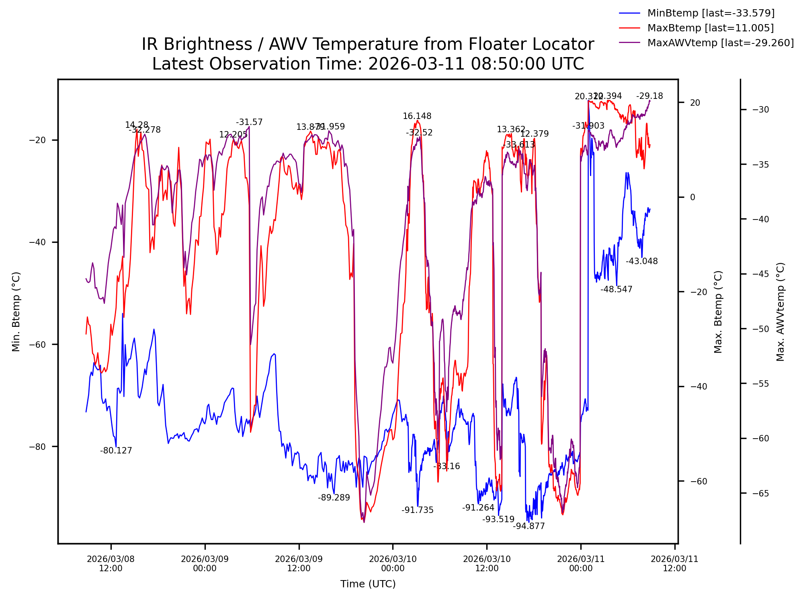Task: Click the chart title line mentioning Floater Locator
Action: pos(368,44)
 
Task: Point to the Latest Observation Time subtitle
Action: pos(368,64)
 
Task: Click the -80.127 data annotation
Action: pos(116,451)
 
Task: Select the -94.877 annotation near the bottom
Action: pos(529,526)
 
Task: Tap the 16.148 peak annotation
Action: pos(417,116)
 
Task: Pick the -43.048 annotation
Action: pos(642,261)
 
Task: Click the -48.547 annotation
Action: pos(617,289)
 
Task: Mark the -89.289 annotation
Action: pos(334,498)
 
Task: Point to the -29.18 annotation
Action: pos(649,96)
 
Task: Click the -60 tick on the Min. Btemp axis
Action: pos(37,345)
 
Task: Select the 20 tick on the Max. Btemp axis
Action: pos(695,103)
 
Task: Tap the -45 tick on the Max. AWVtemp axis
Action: pos(761,274)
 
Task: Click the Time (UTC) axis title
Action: pos(368,584)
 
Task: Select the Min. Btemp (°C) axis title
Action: pos(16,312)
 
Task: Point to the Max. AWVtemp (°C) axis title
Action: pos(780,312)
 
